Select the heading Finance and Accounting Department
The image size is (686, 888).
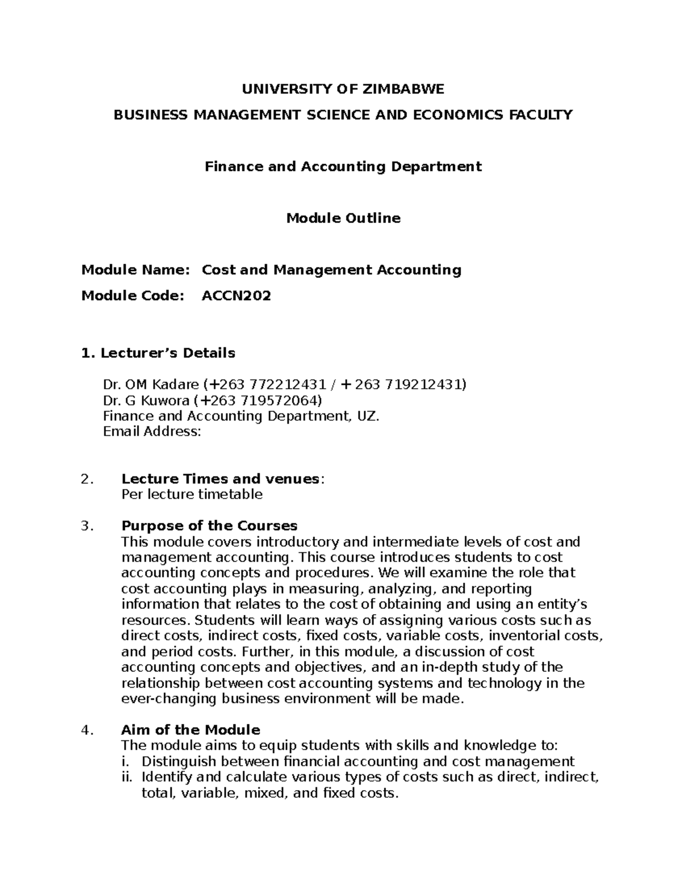pyautogui.click(x=343, y=166)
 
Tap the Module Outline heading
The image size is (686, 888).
pyautogui.click(x=343, y=218)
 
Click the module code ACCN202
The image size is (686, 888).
pyautogui.click(x=236, y=296)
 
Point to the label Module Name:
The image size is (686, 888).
pyautogui.click(x=135, y=269)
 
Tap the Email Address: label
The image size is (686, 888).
pyautogui.click(x=152, y=432)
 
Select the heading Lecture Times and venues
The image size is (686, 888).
pyautogui.click(x=220, y=479)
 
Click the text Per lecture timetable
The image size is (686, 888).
pyautogui.click(x=192, y=494)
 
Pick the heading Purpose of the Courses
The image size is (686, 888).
pyautogui.click(x=209, y=525)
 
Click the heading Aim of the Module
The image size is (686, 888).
pyautogui.click(x=190, y=730)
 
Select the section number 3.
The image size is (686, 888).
pyautogui.click(x=86, y=525)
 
